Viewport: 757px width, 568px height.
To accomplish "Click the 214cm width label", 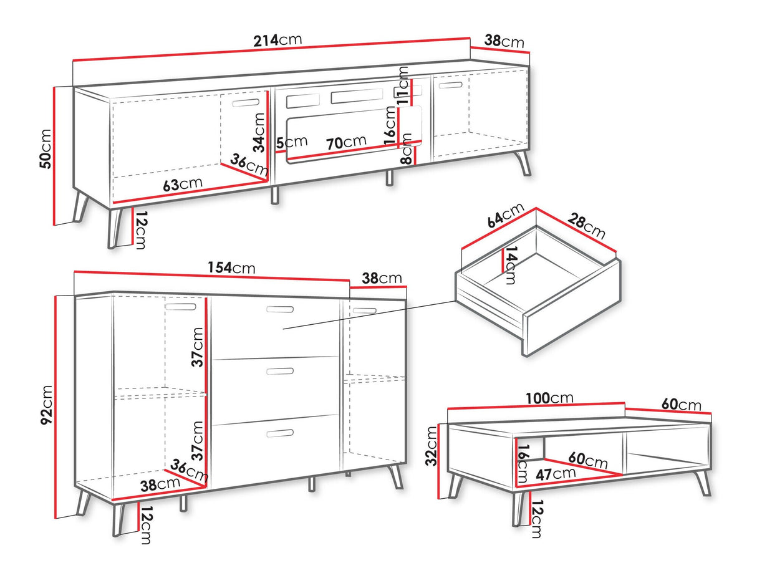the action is (277, 40).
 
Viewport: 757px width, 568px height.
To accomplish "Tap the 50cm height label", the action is (46, 148).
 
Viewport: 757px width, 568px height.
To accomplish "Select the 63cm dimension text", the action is (183, 184).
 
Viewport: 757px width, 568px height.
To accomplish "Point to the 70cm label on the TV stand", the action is (346, 142).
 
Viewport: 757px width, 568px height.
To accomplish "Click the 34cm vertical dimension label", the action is (259, 132).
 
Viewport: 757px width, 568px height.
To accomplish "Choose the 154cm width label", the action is (231, 267).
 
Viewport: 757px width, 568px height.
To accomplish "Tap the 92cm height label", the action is (46, 405).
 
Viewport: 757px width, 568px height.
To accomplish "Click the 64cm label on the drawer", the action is (506, 216).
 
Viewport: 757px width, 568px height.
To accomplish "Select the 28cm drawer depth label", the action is (586, 226).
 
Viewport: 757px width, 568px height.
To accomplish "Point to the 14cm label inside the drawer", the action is (511, 265).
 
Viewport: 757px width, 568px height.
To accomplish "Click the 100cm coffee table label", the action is (549, 398).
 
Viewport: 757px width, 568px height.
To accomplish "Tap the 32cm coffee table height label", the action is (431, 446).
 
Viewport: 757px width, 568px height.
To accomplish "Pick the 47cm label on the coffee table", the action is (556, 474).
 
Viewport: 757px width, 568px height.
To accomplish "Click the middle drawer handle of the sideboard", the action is (280, 371).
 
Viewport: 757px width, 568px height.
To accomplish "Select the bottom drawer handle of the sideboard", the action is (280, 433).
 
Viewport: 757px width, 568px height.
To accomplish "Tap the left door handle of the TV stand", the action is (246, 103).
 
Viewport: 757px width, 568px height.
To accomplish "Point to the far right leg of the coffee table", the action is (702, 483).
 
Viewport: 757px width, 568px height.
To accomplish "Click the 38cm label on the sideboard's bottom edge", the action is (160, 484).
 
